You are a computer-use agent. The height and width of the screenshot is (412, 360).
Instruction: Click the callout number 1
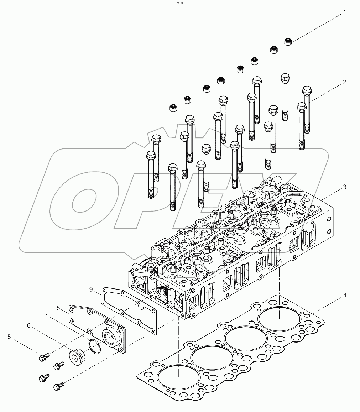click(x=345, y=12)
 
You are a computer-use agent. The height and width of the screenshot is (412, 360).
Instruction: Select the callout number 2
click(x=345, y=82)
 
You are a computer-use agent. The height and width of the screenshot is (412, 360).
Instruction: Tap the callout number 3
click(x=345, y=187)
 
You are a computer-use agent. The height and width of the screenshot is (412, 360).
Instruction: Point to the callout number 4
click(x=345, y=295)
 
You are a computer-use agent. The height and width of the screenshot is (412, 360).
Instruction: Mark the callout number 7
click(x=46, y=315)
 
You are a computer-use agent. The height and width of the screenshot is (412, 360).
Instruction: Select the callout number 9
click(x=91, y=289)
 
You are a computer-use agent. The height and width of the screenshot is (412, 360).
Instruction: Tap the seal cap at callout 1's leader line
click(x=288, y=42)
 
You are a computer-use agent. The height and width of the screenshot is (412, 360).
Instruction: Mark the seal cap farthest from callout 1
click(x=173, y=108)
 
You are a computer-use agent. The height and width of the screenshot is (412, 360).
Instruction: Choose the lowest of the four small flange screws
click(x=58, y=386)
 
